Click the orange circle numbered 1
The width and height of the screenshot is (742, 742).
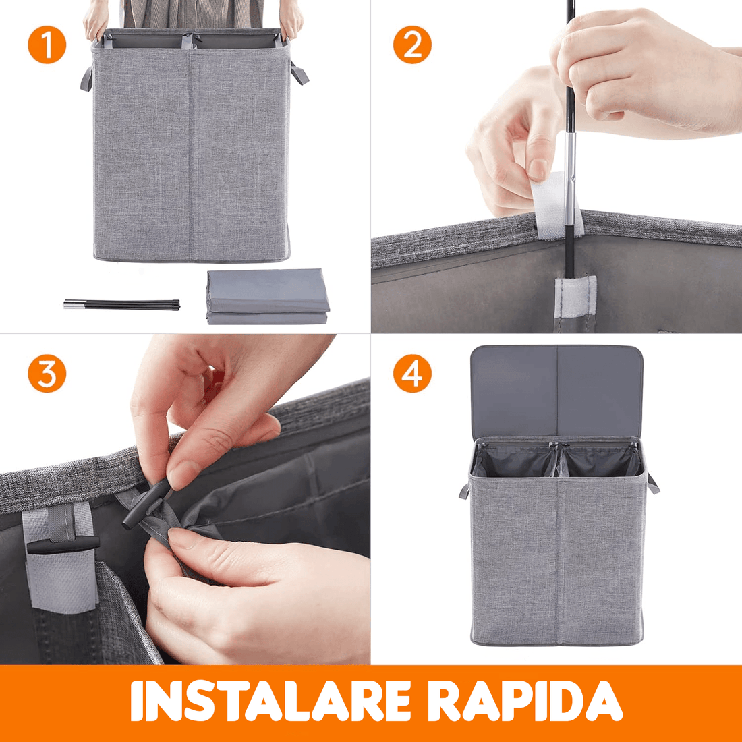point(47,45)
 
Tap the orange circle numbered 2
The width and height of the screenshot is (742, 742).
point(412,45)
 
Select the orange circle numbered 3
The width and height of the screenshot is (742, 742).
point(47,373)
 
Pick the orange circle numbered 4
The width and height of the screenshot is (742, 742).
point(412,373)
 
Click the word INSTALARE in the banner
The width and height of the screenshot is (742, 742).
point(270,702)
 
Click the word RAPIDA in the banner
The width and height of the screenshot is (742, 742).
point(525,702)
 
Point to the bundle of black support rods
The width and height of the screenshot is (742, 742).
point(122,304)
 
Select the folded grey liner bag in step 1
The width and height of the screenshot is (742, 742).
point(268,297)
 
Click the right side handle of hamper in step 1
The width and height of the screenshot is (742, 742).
point(299,73)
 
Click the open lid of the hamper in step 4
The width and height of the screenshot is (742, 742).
point(556,391)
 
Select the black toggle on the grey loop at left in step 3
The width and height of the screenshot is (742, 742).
point(64,543)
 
